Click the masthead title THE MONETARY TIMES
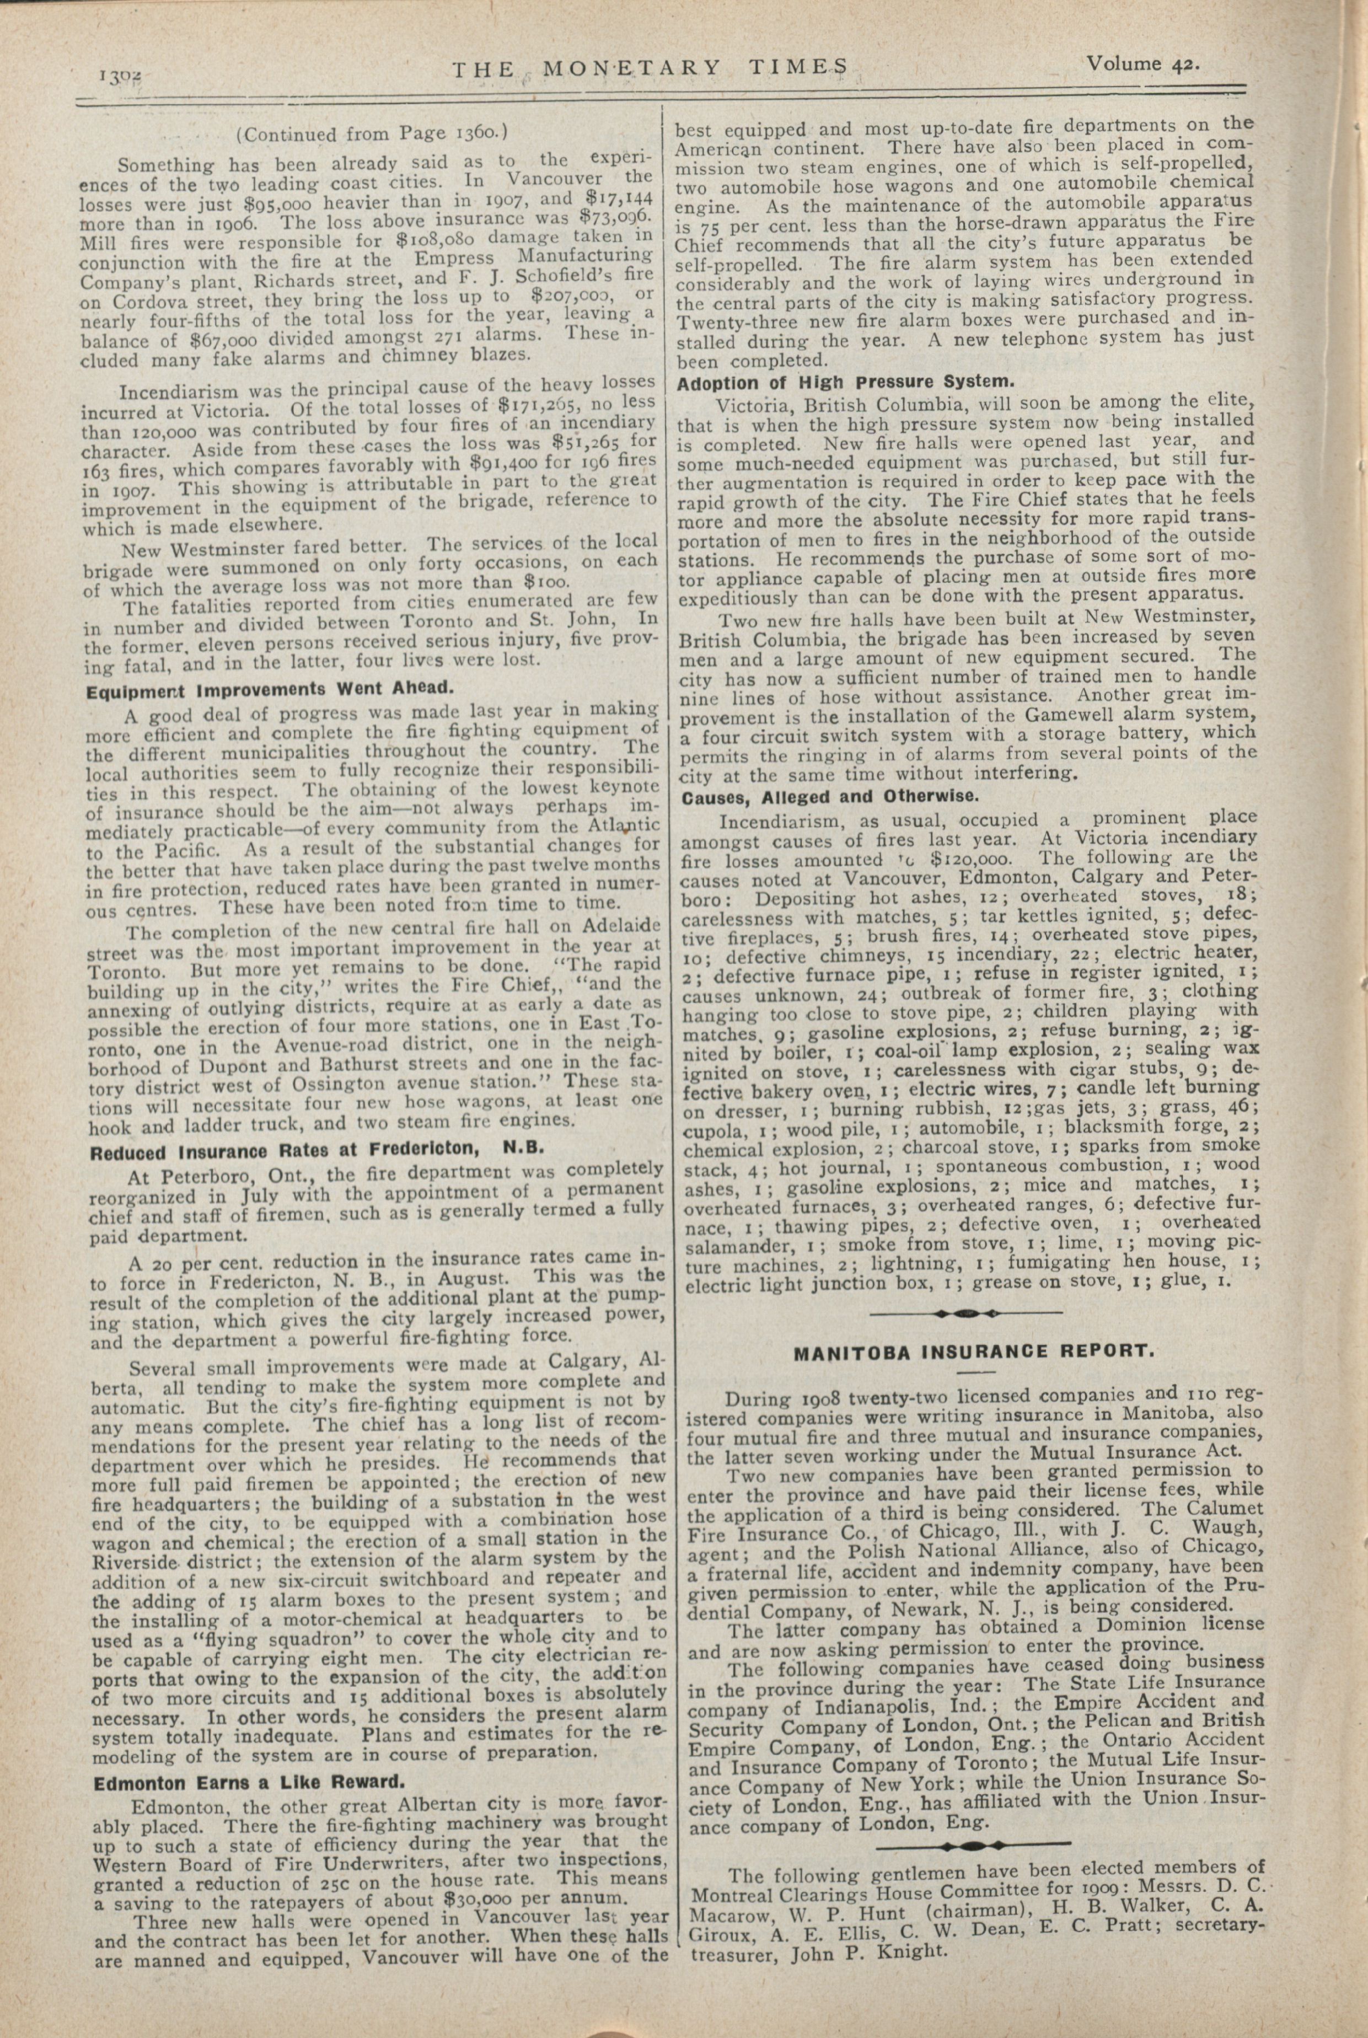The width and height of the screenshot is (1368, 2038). pyautogui.click(x=650, y=68)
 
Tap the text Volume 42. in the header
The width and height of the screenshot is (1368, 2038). pyautogui.click(x=1143, y=64)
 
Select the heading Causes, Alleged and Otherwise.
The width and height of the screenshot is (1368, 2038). pyautogui.click(x=830, y=797)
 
